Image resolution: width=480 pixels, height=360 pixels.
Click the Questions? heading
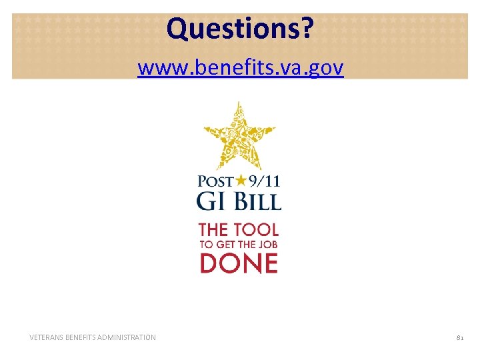239,29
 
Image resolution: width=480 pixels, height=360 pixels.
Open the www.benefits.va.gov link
240,67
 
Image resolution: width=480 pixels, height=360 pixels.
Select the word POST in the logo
213,181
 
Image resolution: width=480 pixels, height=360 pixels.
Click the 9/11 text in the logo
263,181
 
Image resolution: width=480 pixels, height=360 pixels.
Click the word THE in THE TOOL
213,230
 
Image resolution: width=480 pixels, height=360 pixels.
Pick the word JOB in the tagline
266,245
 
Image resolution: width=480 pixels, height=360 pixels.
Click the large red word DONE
239,263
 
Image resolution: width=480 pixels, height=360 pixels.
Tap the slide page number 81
459,338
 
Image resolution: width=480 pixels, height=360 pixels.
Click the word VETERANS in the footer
49,338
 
